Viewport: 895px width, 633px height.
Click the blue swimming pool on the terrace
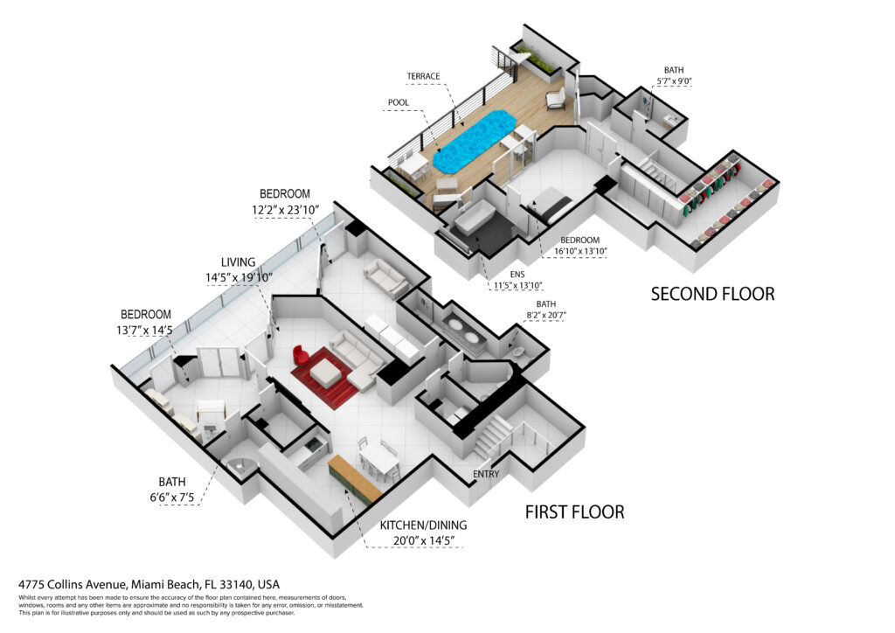point(475,140)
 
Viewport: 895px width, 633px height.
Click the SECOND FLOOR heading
point(713,294)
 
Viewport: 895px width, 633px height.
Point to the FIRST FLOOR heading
point(575,512)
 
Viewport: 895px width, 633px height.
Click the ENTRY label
point(486,474)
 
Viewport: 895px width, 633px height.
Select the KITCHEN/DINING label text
point(424,525)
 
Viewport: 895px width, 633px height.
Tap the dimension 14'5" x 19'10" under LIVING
point(239,277)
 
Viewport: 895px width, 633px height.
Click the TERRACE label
point(424,76)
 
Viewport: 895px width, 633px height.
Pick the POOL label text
point(399,103)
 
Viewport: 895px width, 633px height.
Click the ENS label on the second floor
point(517,275)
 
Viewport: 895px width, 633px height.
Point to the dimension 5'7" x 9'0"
point(674,81)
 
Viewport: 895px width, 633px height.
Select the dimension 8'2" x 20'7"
point(546,315)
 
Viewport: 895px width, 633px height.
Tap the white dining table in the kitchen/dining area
point(379,460)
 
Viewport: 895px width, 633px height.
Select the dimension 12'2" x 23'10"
point(286,210)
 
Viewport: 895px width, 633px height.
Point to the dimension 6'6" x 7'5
point(172,497)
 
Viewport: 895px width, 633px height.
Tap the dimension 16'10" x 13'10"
point(580,251)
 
